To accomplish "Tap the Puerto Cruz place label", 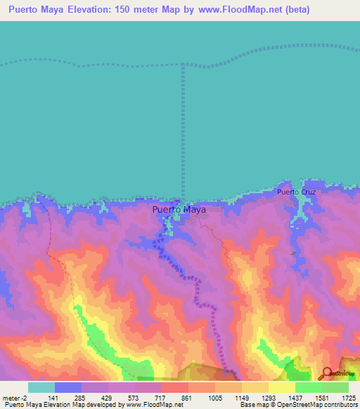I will (296, 191).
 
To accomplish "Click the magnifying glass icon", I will (327, 373).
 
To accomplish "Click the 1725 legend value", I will (348, 397).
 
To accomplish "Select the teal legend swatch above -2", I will (41, 387).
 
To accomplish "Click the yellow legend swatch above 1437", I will (281, 387).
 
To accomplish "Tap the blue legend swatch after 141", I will (68, 387).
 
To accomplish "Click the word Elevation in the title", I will (95, 11).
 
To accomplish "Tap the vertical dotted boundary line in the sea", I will (183, 126).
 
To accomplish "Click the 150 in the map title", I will (135, 11).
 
